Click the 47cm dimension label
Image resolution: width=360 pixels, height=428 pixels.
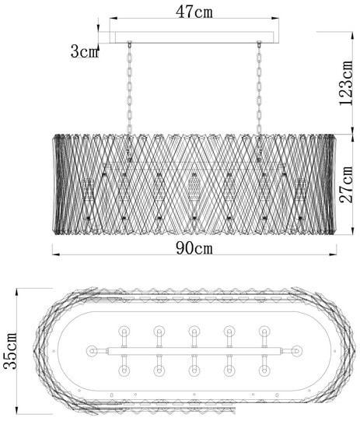point(194,12)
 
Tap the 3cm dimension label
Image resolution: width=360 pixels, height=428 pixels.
point(84,51)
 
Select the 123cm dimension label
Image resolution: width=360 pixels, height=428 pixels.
point(345,82)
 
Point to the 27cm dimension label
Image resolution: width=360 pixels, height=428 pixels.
point(345,184)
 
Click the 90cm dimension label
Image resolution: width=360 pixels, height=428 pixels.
point(194,248)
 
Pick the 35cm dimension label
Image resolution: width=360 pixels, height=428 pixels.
point(10,350)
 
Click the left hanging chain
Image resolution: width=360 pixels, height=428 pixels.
point(130,88)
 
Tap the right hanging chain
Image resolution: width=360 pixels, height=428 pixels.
point(259,88)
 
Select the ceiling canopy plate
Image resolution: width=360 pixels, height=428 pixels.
point(194,37)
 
